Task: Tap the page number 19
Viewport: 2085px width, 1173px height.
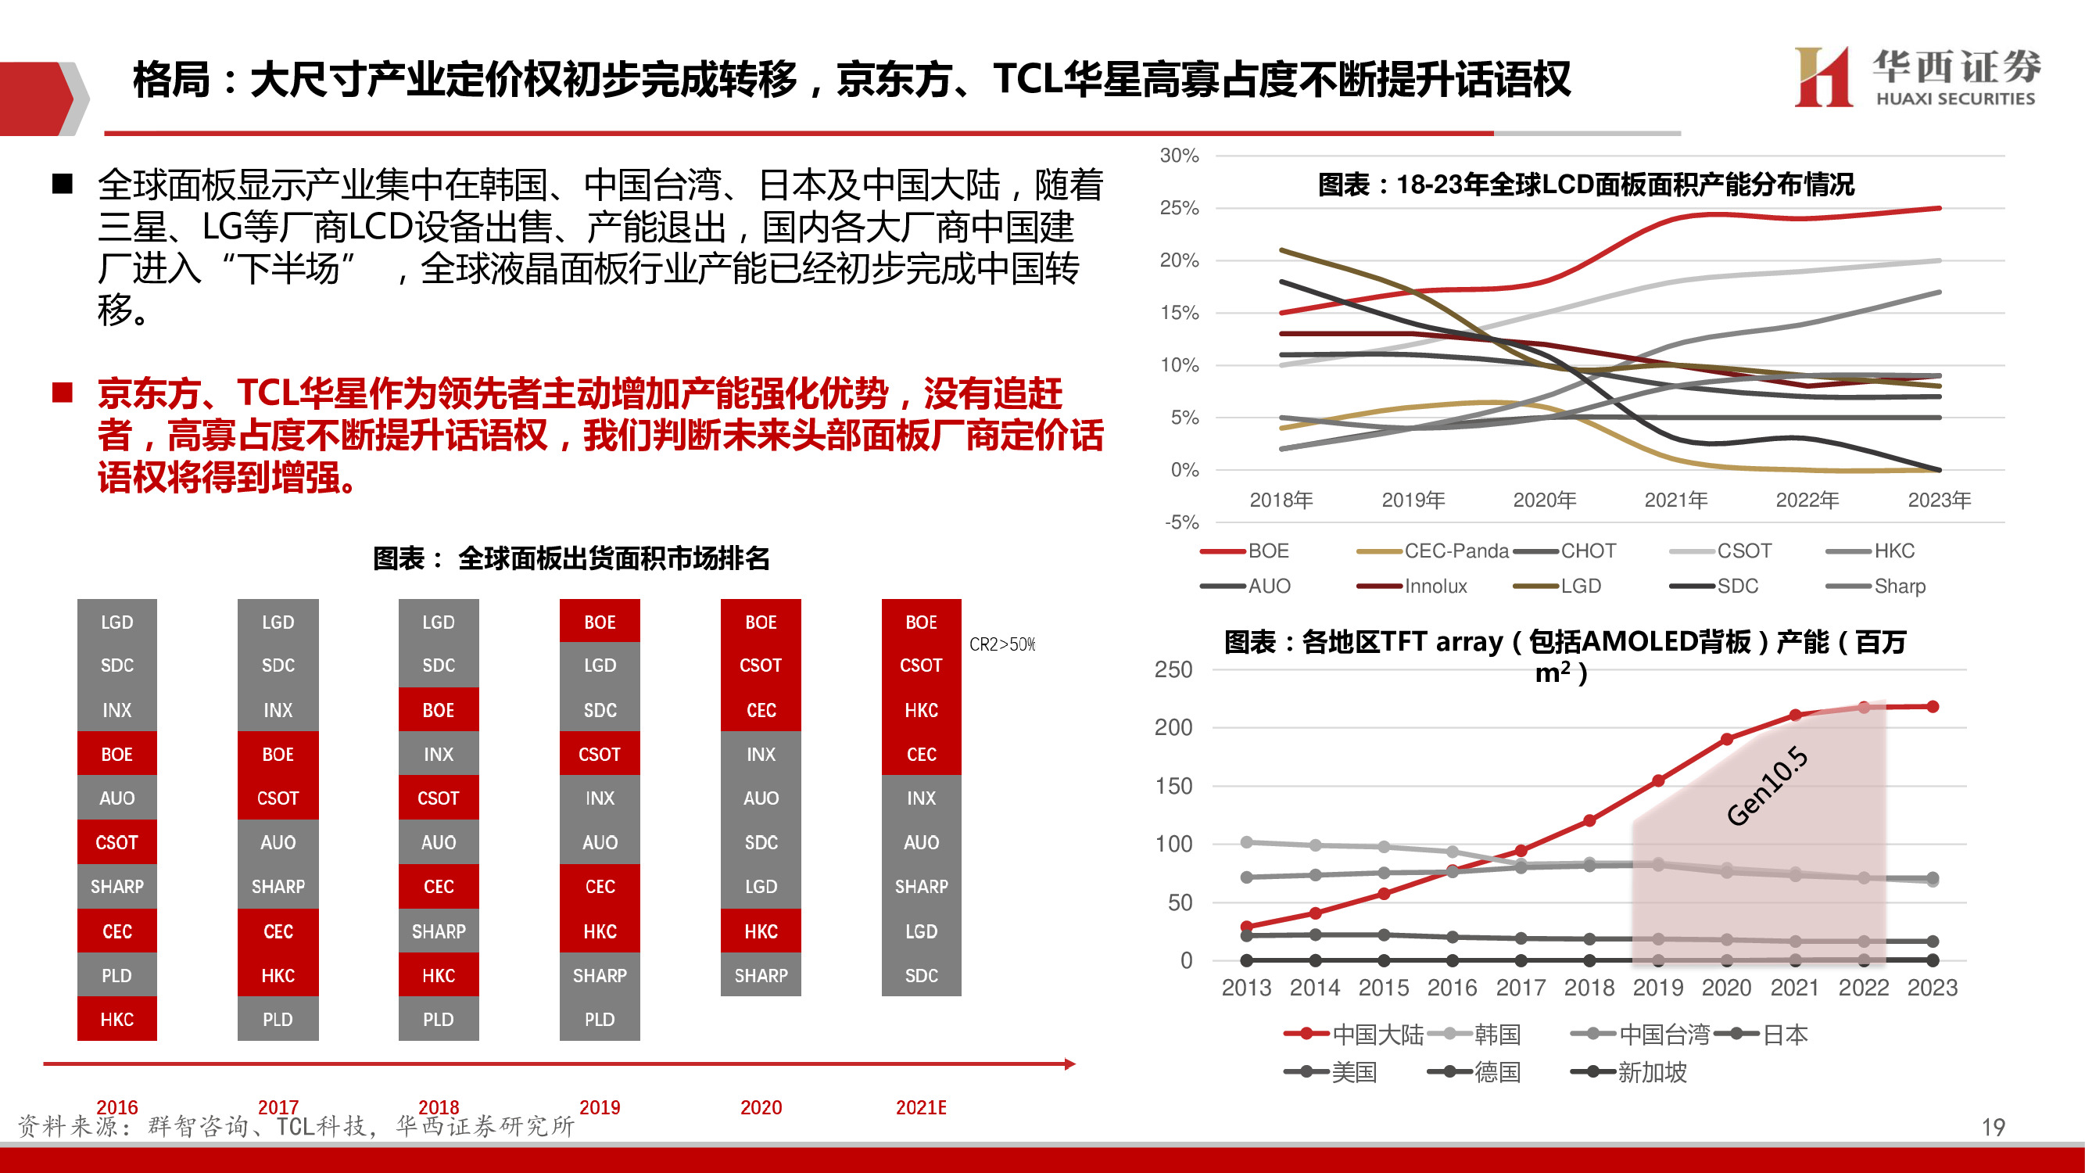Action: click(x=1993, y=1127)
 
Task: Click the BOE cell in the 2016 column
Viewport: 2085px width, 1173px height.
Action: click(x=116, y=754)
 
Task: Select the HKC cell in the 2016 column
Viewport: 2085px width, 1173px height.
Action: click(x=116, y=1019)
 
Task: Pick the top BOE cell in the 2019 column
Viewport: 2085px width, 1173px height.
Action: click(x=599, y=622)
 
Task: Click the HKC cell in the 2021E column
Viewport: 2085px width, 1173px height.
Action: click(x=921, y=710)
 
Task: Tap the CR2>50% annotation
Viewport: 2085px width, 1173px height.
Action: click(x=1002, y=644)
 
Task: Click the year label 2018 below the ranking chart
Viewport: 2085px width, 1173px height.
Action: click(x=438, y=1107)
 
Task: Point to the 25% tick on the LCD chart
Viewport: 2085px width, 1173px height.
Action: click(x=1179, y=208)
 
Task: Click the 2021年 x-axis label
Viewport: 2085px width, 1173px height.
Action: click(x=1675, y=500)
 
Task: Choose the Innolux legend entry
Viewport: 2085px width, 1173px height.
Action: click(x=1435, y=586)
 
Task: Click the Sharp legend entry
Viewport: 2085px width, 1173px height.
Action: click(x=1899, y=586)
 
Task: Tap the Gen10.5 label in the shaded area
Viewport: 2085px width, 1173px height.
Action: click(x=1766, y=785)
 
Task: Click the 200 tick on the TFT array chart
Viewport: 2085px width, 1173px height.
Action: click(x=1173, y=728)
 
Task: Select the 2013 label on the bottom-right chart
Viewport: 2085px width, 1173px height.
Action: click(x=1245, y=988)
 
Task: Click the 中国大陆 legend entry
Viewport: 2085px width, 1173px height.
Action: click(x=1377, y=1034)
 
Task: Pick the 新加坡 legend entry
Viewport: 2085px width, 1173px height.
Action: click(x=1651, y=1072)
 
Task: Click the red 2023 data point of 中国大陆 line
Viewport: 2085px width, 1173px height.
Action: click(x=1933, y=707)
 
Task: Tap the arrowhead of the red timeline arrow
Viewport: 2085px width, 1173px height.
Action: click(x=1070, y=1064)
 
